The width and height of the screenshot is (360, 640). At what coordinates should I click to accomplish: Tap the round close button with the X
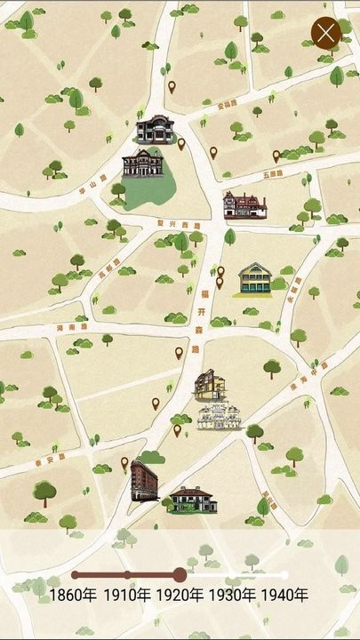coord(326,34)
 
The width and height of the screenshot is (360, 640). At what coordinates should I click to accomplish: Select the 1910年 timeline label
coord(128,595)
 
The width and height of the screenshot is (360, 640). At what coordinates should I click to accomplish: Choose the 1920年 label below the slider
coord(180,595)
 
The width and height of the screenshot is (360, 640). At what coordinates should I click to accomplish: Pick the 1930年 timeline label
coord(233,595)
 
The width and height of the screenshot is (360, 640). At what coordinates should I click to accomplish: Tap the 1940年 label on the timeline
coord(285,595)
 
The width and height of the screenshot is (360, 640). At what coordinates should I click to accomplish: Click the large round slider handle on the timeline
coord(180,574)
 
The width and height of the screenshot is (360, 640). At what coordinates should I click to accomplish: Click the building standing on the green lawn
coord(143,164)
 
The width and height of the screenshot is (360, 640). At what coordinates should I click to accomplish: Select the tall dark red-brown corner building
coord(144,480)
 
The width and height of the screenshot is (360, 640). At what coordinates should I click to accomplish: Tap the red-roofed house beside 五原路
coord(244,204)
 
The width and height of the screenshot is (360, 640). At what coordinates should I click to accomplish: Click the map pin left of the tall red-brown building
coord(124,463)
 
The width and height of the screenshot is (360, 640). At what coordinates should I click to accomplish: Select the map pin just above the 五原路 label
coord(276,155)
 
